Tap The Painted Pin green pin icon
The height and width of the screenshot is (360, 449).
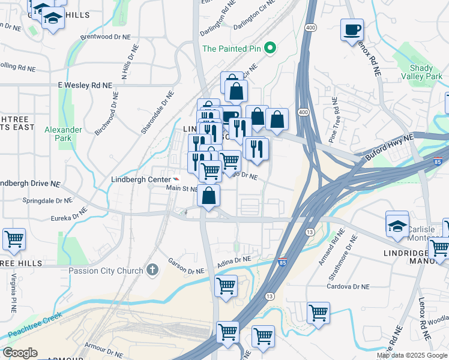pos(270,49)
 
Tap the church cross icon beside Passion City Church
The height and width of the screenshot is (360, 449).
pos(153,271)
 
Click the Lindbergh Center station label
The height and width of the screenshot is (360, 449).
pos(140,179)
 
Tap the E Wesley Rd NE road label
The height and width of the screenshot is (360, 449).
pos(85,86)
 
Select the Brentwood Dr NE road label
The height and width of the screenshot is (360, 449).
pos(105,37)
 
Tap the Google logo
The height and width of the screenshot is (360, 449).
pos(20,353)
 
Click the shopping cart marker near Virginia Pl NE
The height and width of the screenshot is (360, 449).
pos(14,239)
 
